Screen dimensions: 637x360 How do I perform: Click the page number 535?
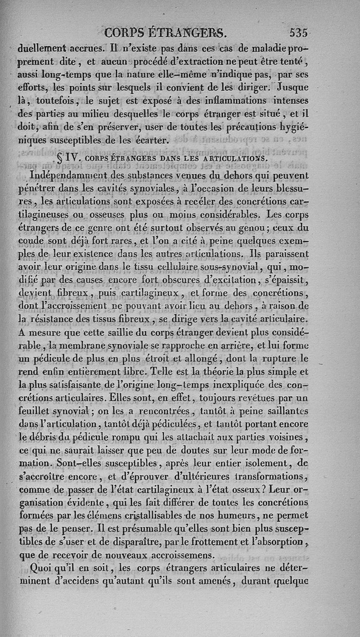(298, 32)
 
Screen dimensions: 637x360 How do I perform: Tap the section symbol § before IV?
(60, 158)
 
